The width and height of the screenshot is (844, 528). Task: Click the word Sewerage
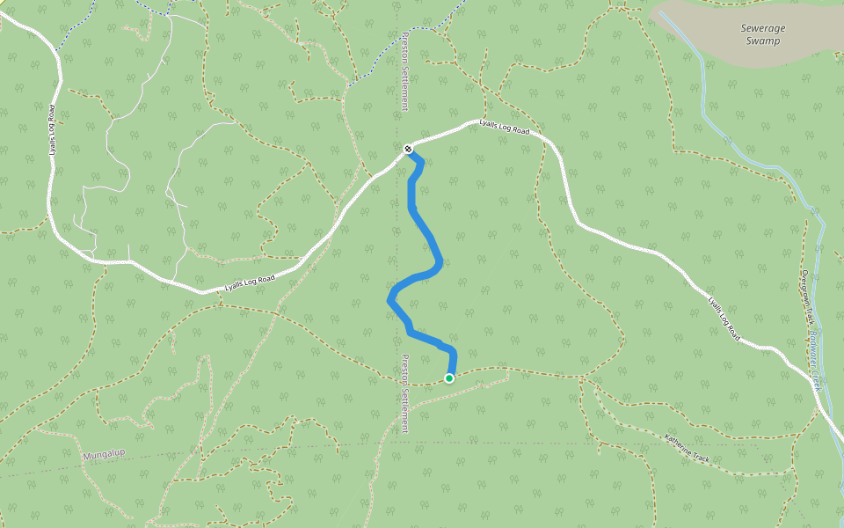point(762,28)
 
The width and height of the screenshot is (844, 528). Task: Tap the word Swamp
point(762,40)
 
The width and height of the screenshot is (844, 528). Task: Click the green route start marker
point(449,378)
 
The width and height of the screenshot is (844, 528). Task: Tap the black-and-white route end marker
point(408,149)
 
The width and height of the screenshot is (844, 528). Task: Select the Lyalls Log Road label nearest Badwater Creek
point(724,318)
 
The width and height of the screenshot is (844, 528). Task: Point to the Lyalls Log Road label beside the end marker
point(505,128)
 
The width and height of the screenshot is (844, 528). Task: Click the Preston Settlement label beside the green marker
point(404,393)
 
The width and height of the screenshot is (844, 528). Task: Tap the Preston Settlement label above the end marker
point(404,71)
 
